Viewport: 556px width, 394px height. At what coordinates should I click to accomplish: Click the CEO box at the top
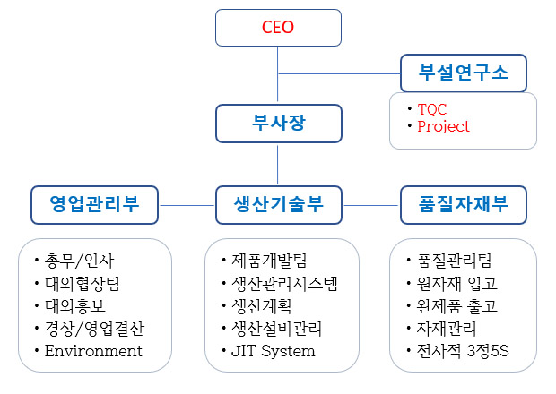pyautogui.click(x=278, y=28)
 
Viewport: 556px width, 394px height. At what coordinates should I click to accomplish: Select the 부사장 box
pyautogui.click(x=279, y=124)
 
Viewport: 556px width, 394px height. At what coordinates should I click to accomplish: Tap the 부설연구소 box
pyautogui.click(x=464, y=73)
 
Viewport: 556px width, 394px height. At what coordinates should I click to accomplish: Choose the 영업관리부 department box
pyautogui.click(x=94, y=205)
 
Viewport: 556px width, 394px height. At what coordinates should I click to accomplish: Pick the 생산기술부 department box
pyautogui.click(x=279, y=205)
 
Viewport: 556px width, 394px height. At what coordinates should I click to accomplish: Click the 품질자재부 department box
pyautogui.click(x=464, y=205)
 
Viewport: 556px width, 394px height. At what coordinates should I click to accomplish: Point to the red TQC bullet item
pyautogui.click(x=432, y=109)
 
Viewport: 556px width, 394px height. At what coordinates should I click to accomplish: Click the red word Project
pyautogui.click(x=443, y=126)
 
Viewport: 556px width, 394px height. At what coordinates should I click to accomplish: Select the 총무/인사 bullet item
pyautogui.click(x=79, y=261)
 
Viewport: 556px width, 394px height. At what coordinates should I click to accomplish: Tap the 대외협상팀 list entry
pyautogui.click(x=83, y=284)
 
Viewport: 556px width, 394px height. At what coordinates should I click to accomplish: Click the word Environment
pyautogui.click(x=93, y=351)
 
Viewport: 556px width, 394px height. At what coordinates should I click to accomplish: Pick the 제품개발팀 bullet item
pyautogui.click(x=269, y=261)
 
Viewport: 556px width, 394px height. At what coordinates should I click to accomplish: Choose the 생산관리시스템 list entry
pyautogui.click(x=284, y=284)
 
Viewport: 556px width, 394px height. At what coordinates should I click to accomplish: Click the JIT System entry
pyautogui.click(x=273, y=351)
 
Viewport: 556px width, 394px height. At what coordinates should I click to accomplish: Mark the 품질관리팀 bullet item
pyautogui.click(x=454, y=261)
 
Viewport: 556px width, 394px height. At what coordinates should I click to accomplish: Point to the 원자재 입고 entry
pyautogui.click(x=456, y=284)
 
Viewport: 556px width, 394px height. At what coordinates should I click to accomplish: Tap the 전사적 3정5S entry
pyautogui.click(x=463, y=351)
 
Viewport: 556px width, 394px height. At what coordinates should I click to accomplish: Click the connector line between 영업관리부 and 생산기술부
pyautogui.click(x=187, y=205)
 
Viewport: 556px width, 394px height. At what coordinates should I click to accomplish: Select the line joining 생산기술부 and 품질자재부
pyautogui.click(x=371, y=205)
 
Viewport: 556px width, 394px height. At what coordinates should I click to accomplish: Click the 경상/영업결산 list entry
pyautogui.click(x=94, y=329)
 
